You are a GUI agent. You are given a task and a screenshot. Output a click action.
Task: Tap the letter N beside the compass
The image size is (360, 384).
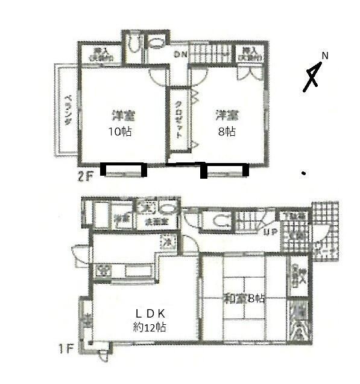pyautogui.click(x=324, y=56)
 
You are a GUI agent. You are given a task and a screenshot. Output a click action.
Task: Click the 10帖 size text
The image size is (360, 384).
pyautogui.click(x=121, y=132)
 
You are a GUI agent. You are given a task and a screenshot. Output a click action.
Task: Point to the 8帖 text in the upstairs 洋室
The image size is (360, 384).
pyautogui.click(x=226, y=132)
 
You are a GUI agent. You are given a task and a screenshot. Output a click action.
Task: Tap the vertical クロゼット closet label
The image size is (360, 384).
pyautogui.click(x=178, y=119)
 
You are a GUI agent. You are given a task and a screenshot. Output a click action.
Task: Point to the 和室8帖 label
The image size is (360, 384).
pyautogui.click(x=244, y=298)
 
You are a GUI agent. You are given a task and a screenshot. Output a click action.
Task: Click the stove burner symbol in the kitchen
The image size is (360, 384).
pyautogui.click(x=103, y=269)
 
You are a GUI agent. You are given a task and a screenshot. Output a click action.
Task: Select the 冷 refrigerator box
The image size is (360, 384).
pyautogui.click(x=165, y=242)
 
